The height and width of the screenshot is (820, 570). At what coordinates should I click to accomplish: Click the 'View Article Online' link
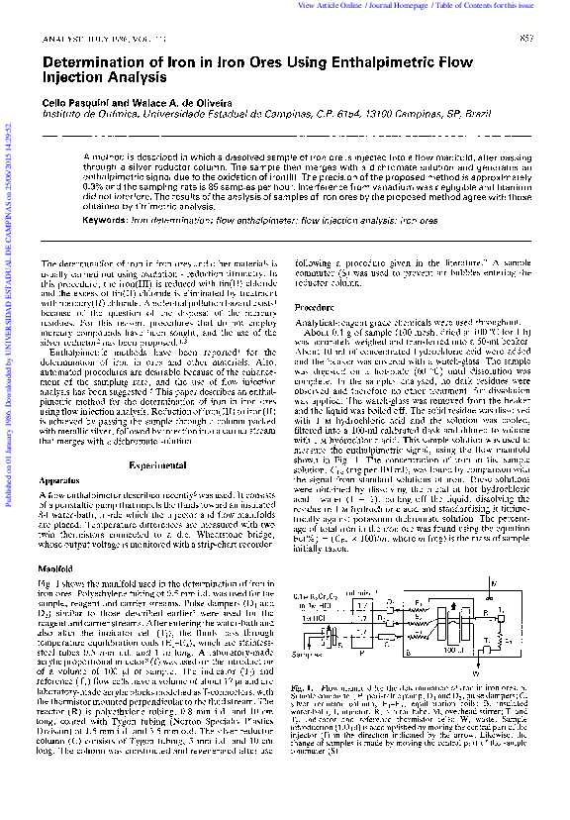coord(328,6)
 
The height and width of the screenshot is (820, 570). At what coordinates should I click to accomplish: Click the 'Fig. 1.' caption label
coord(305,687)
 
